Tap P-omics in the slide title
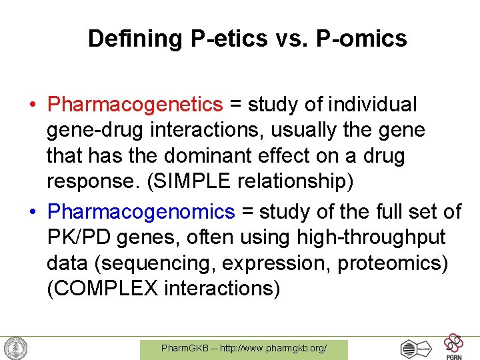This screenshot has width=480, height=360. pyautogui.click(x=362, y=39)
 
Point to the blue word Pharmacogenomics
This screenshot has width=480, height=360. pyautogui.click(x=142, y=212)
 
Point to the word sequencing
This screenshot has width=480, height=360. pyautogui.click(x=157, y=263)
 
